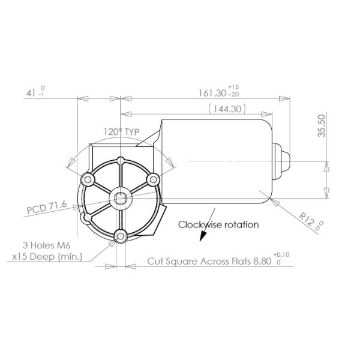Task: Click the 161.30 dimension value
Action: point(212,93)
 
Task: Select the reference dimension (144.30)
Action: point(227,109)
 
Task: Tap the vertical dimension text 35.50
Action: point(322,126)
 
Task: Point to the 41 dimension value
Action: point(31,93)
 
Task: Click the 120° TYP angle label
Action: point(122,132)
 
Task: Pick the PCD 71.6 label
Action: point(47,207)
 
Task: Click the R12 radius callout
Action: point(308,220)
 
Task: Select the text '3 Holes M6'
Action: point(46,245)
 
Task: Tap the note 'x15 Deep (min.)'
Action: point(47,257)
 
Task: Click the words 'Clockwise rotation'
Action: point(218,224)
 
